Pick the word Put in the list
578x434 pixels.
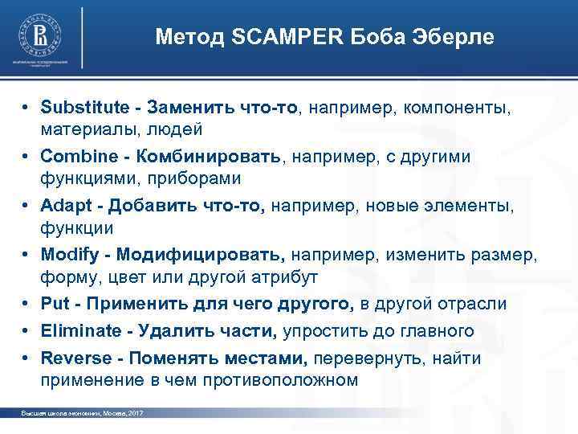coord(55,305)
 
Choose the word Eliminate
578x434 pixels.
coord(79,331)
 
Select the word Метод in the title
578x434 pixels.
coord(186,37)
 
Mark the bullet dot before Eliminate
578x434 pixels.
coord(27,331)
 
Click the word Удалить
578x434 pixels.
coord(170,331)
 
